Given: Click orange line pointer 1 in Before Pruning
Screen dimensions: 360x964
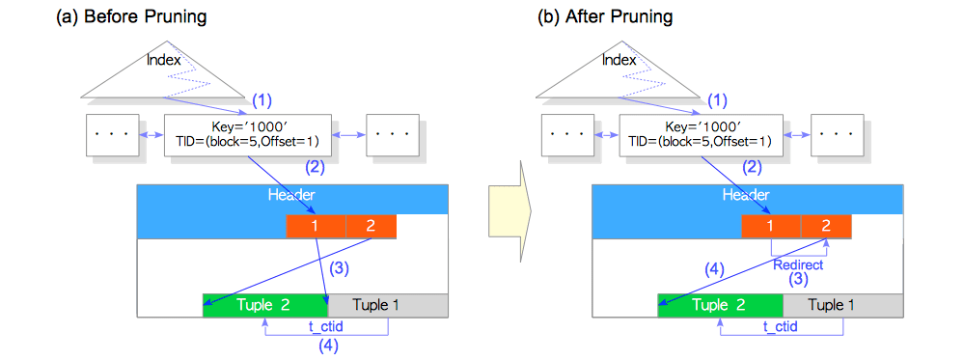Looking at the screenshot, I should (x=315, y=226).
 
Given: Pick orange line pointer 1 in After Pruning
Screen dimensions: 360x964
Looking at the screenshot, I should (x=770, y=226).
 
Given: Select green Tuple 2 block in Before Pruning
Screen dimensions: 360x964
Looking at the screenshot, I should (x=265, y=306).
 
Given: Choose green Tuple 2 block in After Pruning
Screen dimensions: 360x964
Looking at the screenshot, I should (x=720, y=306).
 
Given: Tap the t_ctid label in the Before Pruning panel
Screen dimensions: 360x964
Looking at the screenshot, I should (x=327, y=327).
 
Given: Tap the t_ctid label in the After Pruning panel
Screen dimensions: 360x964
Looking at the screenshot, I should (x=782, y=327).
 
